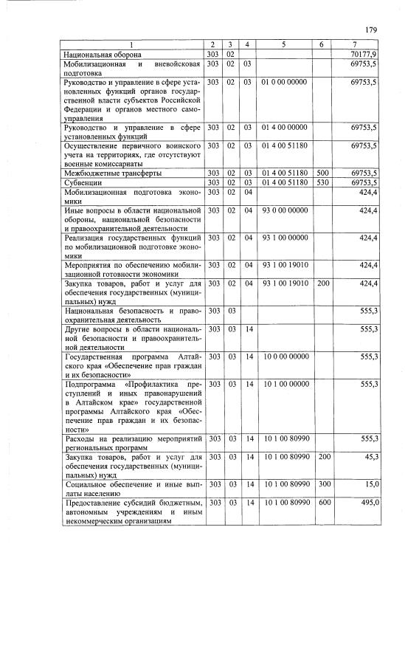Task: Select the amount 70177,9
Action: (365, 55)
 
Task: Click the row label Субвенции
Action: (83, 182)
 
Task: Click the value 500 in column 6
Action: (322, 173)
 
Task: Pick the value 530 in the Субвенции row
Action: (322, 182)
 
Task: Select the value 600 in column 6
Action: (322, 502)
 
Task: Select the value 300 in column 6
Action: (322, 484)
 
